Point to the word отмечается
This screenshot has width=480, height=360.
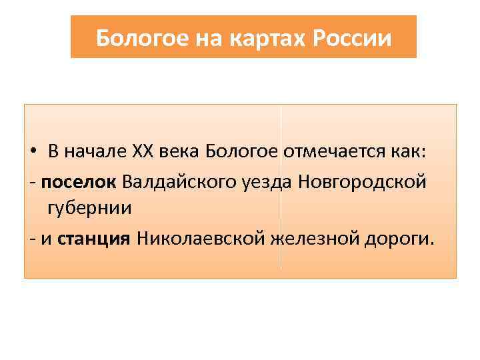[331, 151]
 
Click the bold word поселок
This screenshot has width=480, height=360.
[79, 181]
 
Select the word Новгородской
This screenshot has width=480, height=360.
[362, 181]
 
